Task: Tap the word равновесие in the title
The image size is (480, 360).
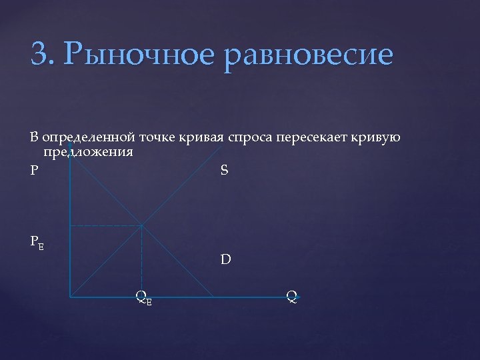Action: click(310, 55)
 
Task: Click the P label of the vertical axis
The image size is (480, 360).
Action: click(34, 170)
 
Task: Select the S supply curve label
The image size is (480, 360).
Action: click(224, 170)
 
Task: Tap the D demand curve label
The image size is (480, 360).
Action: click(226, 259)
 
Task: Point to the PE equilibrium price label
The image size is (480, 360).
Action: click(37, 242)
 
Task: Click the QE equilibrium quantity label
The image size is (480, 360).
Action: click(143, 298)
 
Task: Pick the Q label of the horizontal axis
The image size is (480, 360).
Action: click(292, 295)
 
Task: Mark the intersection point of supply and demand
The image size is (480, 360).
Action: click(141, 225)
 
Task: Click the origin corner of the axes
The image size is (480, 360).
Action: click(70, 296)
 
